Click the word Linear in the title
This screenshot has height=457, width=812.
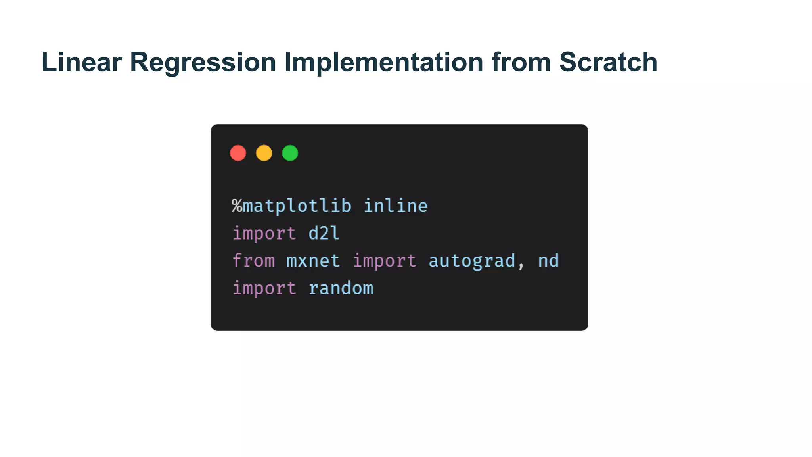click(x=81, y=62)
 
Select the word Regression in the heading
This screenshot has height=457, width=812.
click(x=203, y=62)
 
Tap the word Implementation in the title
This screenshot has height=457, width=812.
click(x=383, y=62)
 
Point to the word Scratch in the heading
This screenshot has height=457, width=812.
click(x=608, y=62)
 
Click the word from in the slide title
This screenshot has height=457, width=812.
click(x=521, y=62)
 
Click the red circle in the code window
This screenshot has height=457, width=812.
click(x=238, y=153)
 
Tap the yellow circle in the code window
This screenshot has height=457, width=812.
click(x=264, y=153)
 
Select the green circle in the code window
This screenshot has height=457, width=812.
click(x=290, y=153)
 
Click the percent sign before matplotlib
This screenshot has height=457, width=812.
click(x=237, y=206)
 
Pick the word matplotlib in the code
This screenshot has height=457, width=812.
click(x=297, y=206)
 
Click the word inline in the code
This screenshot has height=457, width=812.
click(x=396, y=206)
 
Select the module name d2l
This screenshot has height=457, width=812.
click(x=324, y=233)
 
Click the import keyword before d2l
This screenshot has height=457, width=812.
click(x=264, y=233)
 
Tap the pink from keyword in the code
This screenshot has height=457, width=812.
click(x=254, y=261)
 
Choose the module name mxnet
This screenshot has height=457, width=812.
click(x=313, y=261)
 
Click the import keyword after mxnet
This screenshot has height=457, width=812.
click(x=385, y=261)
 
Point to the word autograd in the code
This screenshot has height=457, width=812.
click(x=472, y=261)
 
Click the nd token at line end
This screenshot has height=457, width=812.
click(x=548, y=261)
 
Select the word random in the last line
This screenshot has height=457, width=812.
click(x=341, y=288)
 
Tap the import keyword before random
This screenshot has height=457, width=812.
click(x=264, y=288)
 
